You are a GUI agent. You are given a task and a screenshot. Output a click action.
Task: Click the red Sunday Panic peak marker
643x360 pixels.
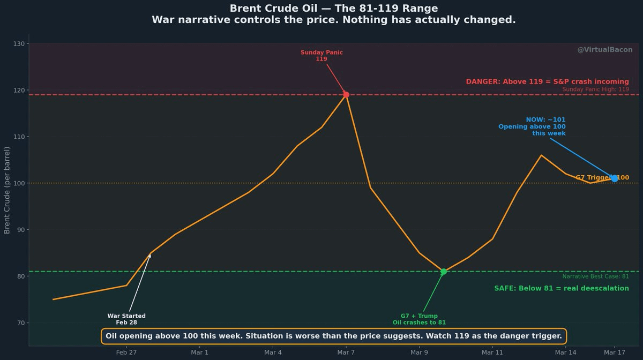(346, 95)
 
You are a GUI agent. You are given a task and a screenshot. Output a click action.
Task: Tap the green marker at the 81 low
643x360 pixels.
(444, 272)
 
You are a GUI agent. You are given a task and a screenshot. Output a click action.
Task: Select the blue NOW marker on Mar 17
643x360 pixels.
(615, 178)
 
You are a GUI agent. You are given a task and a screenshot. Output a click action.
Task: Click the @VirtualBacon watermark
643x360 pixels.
(604, 50)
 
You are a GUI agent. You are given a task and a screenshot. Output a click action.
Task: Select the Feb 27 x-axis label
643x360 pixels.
(126, 352)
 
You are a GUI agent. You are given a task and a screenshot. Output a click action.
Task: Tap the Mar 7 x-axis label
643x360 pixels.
(346, 352)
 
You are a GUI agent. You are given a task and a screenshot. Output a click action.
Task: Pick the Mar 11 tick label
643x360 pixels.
(492, 352)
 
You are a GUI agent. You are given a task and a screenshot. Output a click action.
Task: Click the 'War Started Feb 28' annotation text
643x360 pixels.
(126, 319)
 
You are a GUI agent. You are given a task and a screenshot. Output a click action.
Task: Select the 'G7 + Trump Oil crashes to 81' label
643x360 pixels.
(419, 319)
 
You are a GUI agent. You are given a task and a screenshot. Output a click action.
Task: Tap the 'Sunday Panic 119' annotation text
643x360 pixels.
(322, 56)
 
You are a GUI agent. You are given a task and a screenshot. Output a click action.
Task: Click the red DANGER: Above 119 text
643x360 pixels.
(547, 82)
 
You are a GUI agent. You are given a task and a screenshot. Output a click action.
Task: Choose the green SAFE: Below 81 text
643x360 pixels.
(562, 288)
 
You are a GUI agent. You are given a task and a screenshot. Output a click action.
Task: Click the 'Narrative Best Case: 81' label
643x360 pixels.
(595, 276)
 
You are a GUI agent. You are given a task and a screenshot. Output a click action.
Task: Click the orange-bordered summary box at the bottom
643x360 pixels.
(333, 336)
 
